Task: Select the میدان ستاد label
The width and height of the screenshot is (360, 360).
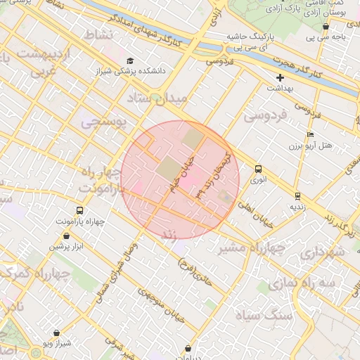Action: (159, 97)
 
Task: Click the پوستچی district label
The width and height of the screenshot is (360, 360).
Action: (103, 123)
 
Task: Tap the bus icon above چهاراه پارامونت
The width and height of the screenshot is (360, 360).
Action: (79, 210)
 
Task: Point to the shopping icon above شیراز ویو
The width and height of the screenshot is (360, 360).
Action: (56, 333)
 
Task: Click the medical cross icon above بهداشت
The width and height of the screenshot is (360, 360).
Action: (281, 77)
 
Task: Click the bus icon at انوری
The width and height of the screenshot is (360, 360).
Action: (259, 169)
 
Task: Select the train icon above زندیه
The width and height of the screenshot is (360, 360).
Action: (297, 196)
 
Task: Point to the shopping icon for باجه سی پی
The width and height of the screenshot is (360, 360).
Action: (325, 26)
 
